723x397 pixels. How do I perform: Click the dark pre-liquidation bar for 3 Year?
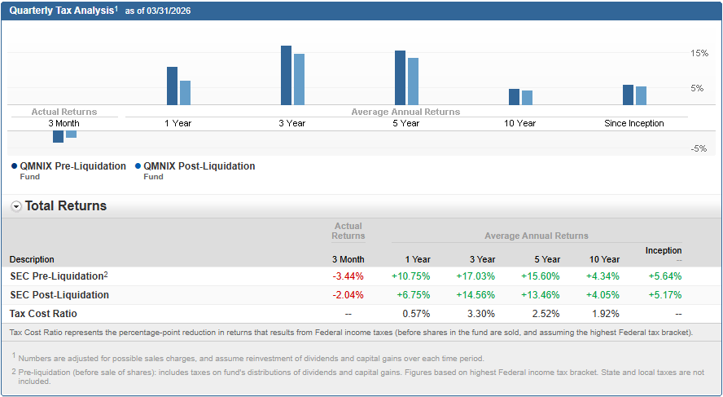[286, 75]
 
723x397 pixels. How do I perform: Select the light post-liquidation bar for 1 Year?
[185, 93]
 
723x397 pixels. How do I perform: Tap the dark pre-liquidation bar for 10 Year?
[514, 96]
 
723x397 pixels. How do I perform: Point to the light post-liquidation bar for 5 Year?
[413, 82]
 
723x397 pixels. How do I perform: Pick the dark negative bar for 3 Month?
[58, 136]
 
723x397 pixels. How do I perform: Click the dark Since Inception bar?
[628, 95]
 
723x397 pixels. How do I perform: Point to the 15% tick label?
[699, 53]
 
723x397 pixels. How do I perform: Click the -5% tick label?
[698, 148]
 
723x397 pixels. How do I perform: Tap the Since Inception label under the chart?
[633, 123]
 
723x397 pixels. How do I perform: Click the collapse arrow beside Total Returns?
[16, 206]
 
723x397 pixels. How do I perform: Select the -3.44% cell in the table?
[348, 276]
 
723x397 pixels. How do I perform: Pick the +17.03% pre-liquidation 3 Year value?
[475, 276]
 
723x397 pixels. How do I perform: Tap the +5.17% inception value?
[664, 295]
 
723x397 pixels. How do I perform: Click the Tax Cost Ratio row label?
[44, 314]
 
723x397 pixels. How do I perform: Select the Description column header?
[32, 259]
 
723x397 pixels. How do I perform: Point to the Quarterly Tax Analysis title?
[61, 11]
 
